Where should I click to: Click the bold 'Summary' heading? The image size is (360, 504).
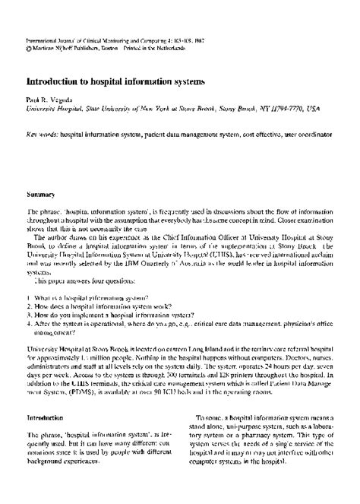click(41, 195)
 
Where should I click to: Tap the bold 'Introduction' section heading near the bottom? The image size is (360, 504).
click(46, 417)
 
